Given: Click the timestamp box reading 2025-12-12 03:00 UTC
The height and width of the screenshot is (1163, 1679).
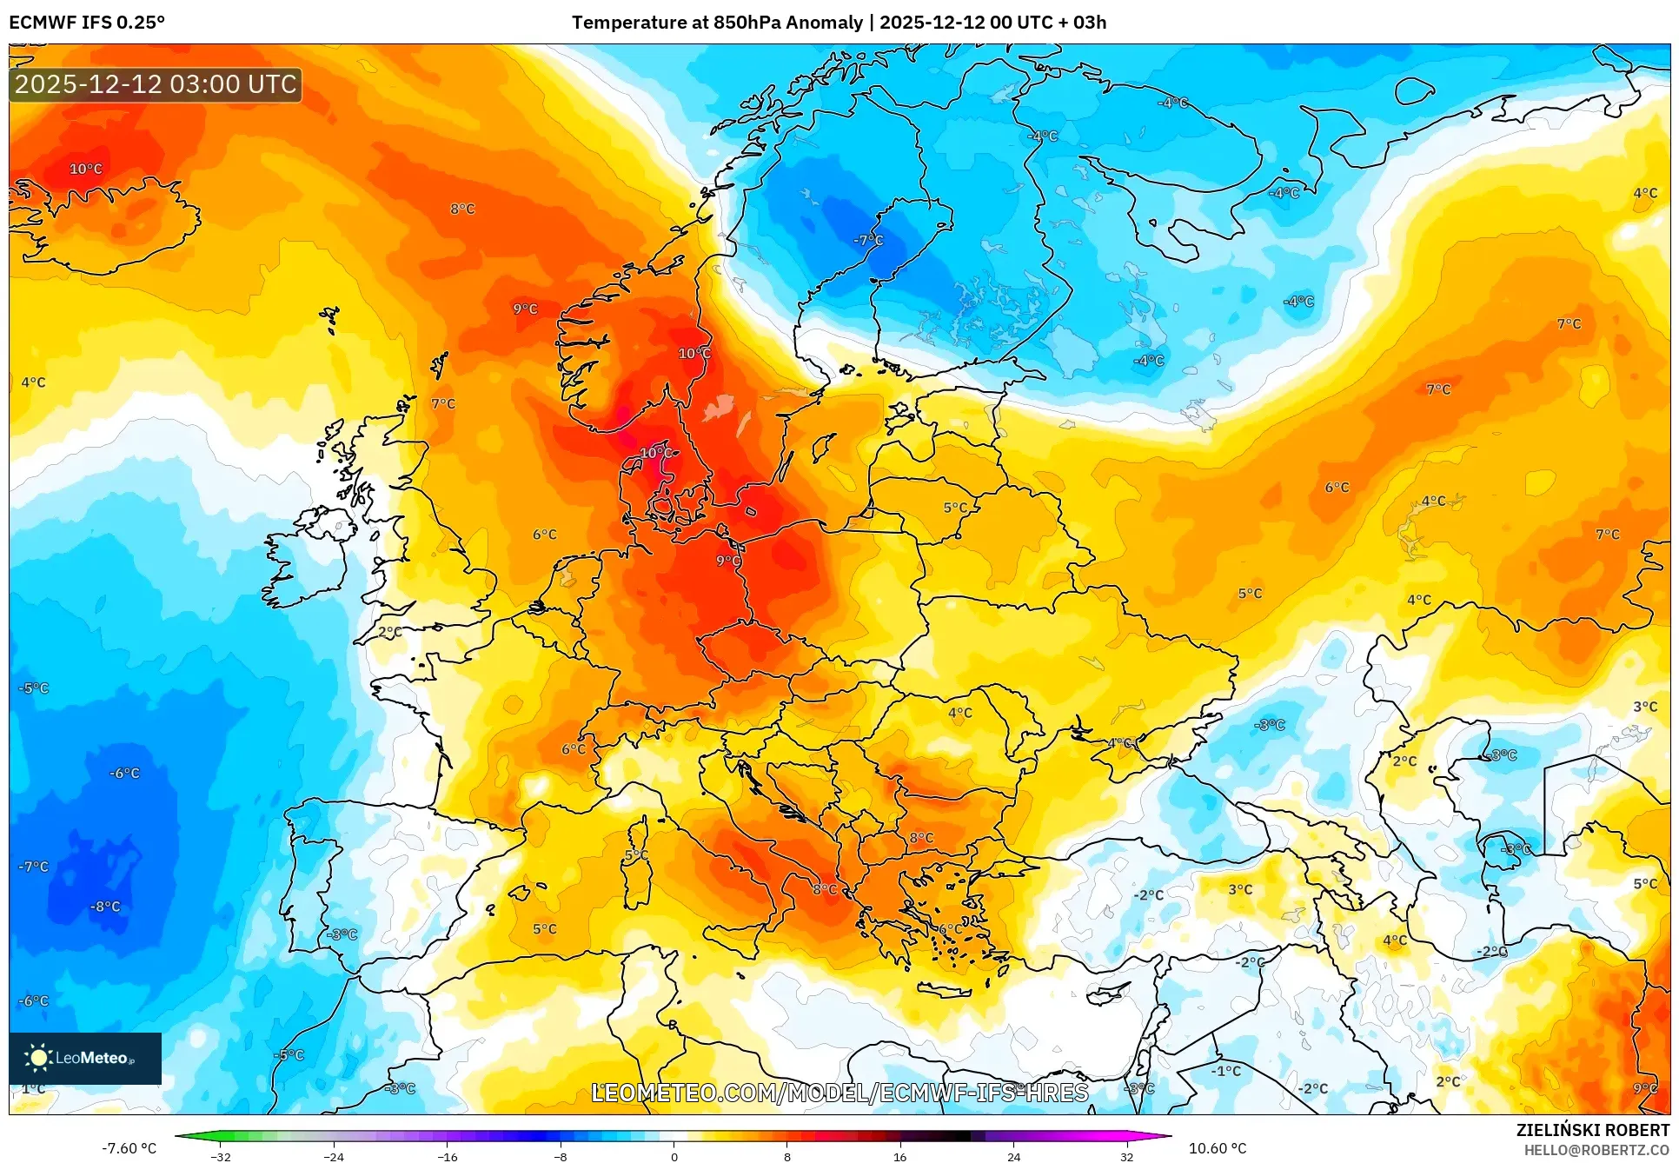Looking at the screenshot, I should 156,84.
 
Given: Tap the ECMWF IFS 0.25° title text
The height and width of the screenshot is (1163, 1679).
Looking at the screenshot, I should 87,23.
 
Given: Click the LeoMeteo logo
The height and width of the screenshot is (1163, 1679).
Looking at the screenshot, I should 85,1058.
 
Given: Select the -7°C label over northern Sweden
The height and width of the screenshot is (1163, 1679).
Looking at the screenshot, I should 867,240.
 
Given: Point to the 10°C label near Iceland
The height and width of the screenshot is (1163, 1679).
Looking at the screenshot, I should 85,169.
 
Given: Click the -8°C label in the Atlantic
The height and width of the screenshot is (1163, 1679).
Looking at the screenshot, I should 105,907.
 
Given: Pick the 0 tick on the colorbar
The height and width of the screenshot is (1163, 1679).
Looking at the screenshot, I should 674,1156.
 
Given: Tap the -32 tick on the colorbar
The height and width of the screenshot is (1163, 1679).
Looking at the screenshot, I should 221,1156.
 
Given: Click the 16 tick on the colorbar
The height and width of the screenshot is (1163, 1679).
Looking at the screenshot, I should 899,1156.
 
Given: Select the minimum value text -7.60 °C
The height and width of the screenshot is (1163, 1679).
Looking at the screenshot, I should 129,1148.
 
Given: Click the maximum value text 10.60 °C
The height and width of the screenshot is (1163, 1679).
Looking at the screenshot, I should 1217,1148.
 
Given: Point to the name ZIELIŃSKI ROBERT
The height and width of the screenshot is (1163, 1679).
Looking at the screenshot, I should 1592,1130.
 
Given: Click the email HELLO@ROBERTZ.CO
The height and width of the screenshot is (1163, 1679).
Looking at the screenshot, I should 1596,1150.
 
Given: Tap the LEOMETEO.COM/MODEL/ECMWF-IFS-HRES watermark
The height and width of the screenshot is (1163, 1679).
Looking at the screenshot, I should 839,1093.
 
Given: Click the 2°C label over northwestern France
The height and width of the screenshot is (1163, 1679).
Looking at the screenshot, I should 390,632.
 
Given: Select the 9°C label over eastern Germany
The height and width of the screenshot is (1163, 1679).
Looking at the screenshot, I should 728,561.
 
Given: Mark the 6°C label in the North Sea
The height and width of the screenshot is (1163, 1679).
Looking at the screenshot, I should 544,535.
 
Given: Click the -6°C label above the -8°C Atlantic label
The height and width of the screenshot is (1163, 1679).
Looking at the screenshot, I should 124,773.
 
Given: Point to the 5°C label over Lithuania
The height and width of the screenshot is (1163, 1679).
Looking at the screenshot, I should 955,508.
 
